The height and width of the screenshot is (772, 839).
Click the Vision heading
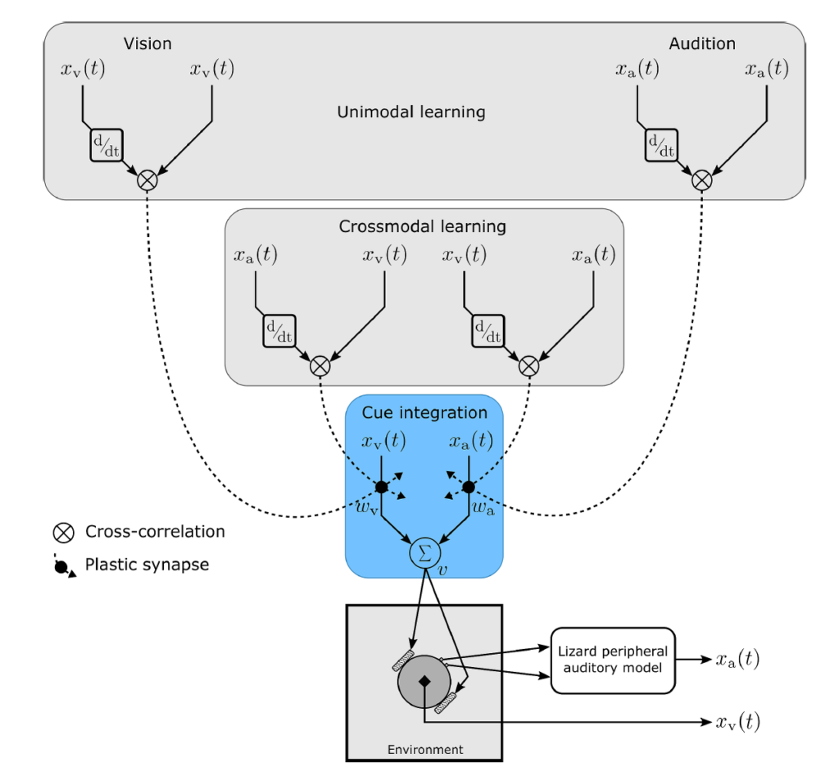(x=147, y=43)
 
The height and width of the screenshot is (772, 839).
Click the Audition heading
(x=702, y=43)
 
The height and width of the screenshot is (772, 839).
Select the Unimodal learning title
(x=411, y=112)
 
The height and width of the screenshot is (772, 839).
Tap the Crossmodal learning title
(x=422, y=226)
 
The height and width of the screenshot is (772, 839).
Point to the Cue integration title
(x=424, y=413)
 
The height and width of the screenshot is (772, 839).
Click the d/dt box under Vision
(x=107, y=145)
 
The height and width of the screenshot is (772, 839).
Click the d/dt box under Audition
(x=661, y=145)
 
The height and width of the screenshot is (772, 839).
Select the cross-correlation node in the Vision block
(x=147, y=180)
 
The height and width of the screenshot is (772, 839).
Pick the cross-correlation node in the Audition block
(x=702, y=180)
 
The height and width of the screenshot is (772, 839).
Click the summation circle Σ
(x=425, y=553)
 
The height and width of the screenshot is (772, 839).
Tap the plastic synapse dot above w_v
(x=381, y=487)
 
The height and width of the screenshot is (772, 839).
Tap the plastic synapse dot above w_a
(x=468, y=487)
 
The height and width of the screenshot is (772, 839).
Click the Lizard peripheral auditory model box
(x=613, y=661)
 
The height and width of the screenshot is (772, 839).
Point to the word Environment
(x=425, y=750)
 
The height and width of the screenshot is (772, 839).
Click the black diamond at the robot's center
(x=424, y=681)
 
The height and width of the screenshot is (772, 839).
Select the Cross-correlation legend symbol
(x=63, y=533)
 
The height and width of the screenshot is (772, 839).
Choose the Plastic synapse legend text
(x=147, y=565)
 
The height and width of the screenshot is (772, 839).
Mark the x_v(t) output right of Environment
(x=738, y=722)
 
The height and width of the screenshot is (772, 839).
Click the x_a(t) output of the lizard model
(x=738, y=659)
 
